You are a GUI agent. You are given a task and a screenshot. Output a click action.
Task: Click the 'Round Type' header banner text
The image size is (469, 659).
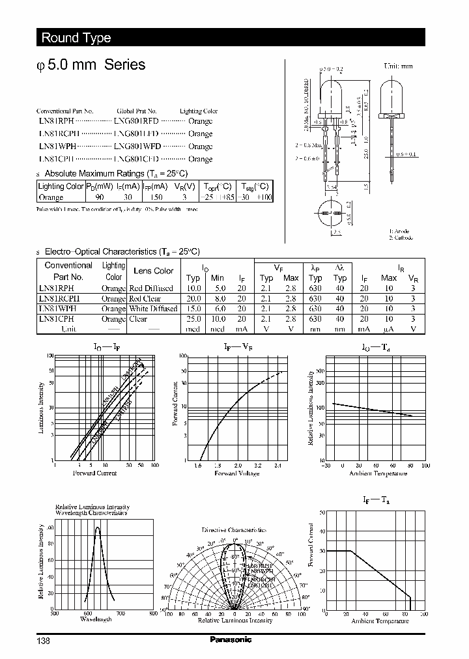coord(76,38)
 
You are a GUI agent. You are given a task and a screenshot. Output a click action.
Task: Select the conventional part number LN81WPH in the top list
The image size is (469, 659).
coord(56,147)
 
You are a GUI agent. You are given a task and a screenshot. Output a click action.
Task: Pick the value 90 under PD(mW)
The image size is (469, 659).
coord(99,197)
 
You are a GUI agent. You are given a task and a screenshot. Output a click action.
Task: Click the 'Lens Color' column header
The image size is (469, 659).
coord(153,271)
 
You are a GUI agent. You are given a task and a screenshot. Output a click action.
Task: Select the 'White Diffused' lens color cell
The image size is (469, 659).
coord(153,309)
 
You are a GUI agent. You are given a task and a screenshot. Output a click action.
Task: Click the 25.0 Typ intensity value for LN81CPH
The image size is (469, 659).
coord(193,319)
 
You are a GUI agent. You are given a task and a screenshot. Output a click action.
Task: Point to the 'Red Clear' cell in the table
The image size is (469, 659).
coord(145,298)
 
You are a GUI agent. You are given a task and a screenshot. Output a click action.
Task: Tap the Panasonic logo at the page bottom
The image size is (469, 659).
coord(231,639)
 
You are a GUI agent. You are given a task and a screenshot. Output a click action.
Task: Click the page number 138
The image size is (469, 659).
coord(42,640)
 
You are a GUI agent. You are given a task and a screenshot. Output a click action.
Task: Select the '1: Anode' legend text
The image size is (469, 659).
coord(400,231)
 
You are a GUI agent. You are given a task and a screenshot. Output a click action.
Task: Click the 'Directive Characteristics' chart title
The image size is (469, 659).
coord(234,530)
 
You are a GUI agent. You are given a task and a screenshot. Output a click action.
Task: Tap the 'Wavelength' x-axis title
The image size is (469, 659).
coord(96,619)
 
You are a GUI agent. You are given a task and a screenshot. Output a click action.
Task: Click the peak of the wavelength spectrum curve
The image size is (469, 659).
coord(98,527)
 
